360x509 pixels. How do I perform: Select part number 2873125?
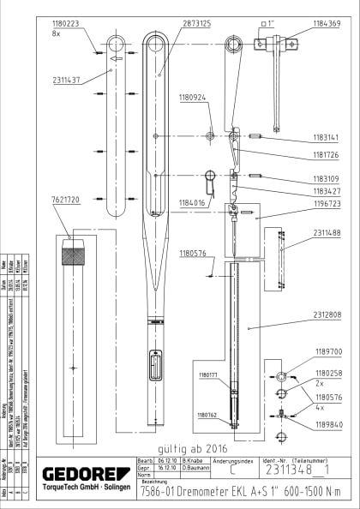tap(195, 24)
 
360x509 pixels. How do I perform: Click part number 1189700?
tap(327, 351)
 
